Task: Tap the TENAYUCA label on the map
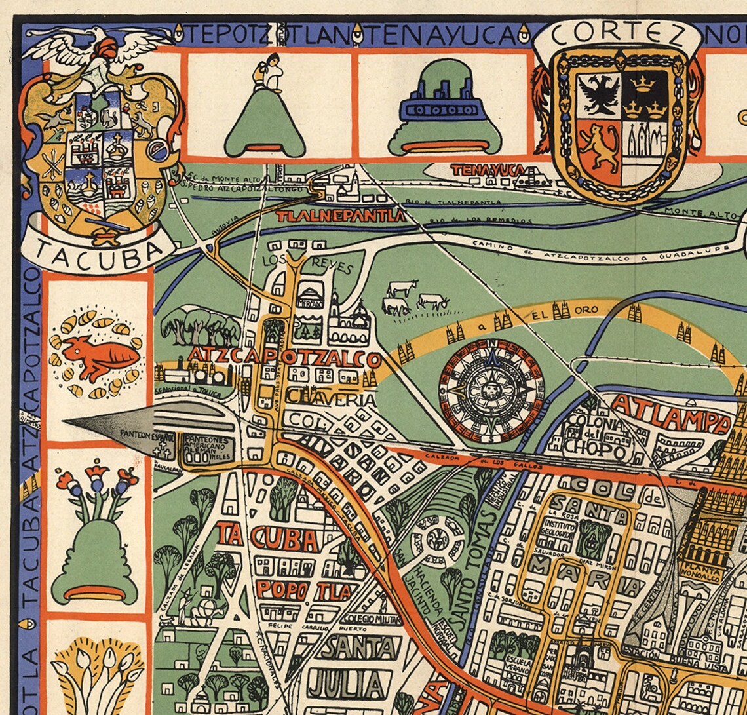(x=487, y=170)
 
